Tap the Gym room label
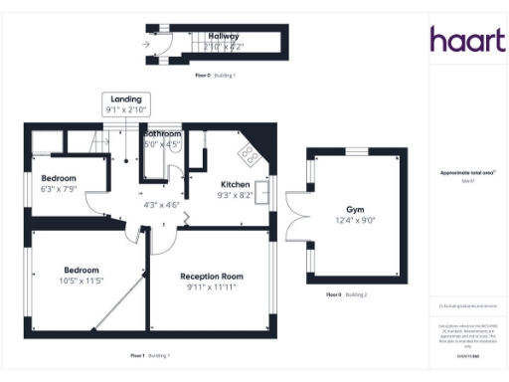click(355, 211)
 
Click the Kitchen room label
click(235, 184)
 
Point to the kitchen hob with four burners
click(249, 154)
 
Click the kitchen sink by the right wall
click(263, 191)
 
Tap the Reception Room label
click(210, 276)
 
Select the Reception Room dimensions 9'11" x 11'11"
click(210, 287)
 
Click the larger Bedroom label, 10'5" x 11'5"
click(82, 270)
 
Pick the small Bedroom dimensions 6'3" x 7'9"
click(58, 189)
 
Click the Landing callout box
click(125, 103)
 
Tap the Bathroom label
click(162, 133)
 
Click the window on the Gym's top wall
click(355, 150)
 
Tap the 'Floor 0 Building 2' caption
click(347, 295)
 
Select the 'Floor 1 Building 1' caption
click(150, 355)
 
